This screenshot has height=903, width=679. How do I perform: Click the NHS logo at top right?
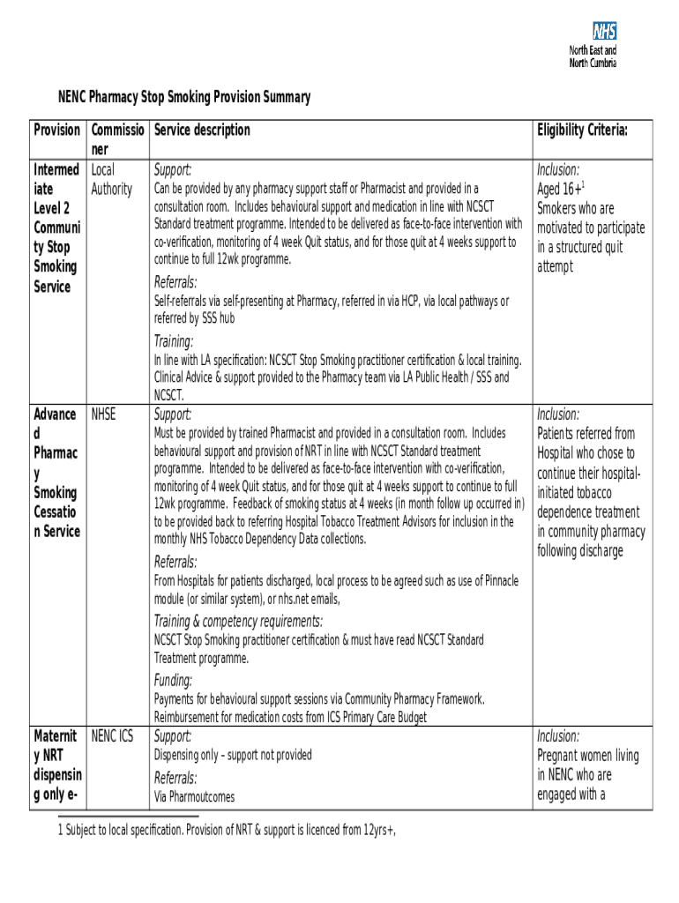(604, 32)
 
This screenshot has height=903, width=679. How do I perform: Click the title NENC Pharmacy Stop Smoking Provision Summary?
(184, 97)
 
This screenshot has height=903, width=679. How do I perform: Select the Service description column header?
(202, 131)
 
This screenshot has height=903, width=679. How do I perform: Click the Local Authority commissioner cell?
(111, 179)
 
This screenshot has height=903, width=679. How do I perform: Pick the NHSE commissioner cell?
(102, 414)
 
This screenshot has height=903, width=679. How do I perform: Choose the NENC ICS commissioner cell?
(111, 735)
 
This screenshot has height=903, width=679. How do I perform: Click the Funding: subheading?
(173, 680)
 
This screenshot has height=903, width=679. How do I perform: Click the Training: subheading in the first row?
(174, 341)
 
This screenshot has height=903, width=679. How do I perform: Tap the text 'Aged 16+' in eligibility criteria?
(560, 189)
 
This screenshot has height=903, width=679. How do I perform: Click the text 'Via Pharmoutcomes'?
(195, 797)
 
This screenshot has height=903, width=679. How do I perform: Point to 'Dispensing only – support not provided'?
(233, 755)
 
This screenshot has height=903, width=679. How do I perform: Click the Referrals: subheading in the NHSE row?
(175, 562)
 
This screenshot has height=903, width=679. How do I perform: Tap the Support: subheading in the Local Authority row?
(173, 169)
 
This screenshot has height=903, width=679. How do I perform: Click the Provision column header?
(56, 131)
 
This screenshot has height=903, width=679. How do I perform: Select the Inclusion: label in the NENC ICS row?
(558, 735)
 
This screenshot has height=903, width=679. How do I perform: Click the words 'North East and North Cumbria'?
(593, 56)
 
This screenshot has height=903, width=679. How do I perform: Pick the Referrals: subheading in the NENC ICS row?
(175, 778)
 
